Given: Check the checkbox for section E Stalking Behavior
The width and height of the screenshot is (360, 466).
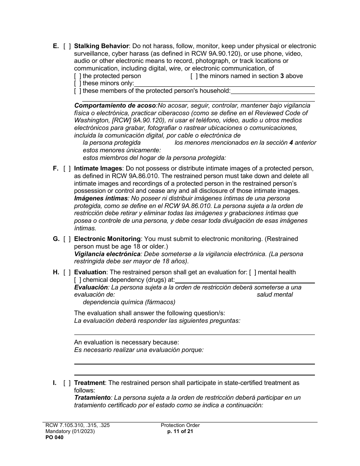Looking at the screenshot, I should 67,46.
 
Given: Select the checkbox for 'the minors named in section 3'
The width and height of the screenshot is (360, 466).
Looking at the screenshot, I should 194,76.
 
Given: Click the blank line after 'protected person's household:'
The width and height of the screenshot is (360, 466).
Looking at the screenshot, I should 272,91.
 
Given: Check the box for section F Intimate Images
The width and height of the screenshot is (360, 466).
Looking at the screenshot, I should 67,168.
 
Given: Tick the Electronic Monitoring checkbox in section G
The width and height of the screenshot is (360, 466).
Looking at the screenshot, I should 67,239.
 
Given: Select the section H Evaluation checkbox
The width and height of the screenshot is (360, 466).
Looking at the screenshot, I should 67,272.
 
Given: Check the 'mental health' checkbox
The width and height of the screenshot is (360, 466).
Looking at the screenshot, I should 252,272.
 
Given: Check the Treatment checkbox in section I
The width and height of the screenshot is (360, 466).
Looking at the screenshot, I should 67,383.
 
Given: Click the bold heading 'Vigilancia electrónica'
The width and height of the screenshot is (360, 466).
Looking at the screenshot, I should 107,254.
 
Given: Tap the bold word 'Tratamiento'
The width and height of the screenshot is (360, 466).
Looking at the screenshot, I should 92,398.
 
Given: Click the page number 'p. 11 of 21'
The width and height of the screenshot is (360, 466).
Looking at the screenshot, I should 180,431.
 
